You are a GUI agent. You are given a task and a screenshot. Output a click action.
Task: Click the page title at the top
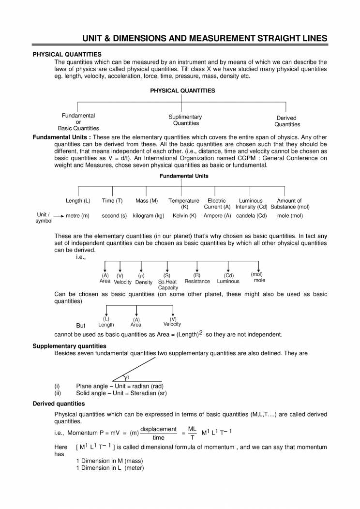pos(205,39)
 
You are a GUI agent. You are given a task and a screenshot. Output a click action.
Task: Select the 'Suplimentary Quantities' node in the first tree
pos(185,120)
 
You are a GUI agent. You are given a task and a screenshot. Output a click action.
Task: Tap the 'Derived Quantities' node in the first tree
pos(287,121)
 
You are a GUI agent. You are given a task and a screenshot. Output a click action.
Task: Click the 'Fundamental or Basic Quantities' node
pos(78,122)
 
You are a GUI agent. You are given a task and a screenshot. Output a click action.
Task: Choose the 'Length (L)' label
pos(78,201)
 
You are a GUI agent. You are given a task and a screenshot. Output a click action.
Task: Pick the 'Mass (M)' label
pos(147,201)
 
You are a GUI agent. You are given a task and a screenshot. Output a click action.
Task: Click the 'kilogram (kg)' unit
pos(149,216)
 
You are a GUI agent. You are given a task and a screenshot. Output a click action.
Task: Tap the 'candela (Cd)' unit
pos(251,216)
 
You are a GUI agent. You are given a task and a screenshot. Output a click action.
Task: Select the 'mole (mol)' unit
pos(290,216)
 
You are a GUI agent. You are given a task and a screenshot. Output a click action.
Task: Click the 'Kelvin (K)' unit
pos(184,216)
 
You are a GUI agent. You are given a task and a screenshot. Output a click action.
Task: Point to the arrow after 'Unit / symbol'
pos(59,216)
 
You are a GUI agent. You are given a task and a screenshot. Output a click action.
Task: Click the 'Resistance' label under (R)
pos(197,281)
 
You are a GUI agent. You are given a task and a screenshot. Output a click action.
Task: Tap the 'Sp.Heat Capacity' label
pos(167,284)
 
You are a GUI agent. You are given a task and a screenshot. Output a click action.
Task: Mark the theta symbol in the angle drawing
pos(127,377)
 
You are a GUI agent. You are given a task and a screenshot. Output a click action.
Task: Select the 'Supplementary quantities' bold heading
pos(69,346)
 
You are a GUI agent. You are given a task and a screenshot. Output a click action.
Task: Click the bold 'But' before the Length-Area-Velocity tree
pos(81,326)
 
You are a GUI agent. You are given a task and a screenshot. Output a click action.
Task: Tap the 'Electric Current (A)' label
pos(217,204)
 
